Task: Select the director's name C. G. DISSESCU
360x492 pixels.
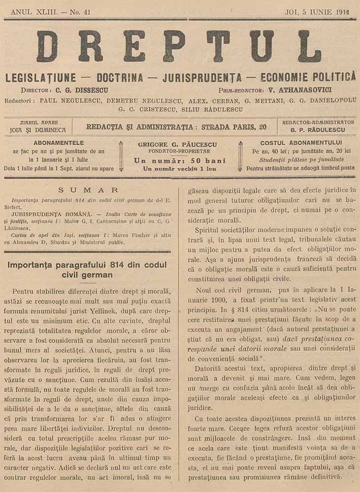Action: (x=81, y=91)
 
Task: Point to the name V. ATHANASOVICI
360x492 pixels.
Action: (x=292, y=91)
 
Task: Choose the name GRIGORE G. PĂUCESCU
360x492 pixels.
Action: (x=180, y=145)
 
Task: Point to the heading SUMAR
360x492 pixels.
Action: (x=88, y=190)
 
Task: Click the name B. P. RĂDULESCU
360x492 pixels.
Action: (x=318, y=130)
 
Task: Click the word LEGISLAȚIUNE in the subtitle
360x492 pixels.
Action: (x=40, y=77)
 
